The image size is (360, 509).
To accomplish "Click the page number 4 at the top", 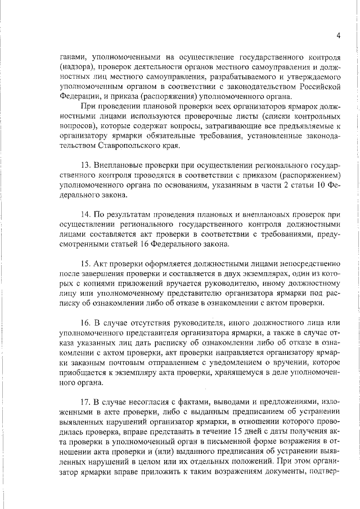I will [339, 35].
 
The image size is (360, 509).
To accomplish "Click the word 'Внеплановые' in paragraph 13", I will [120, 166].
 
